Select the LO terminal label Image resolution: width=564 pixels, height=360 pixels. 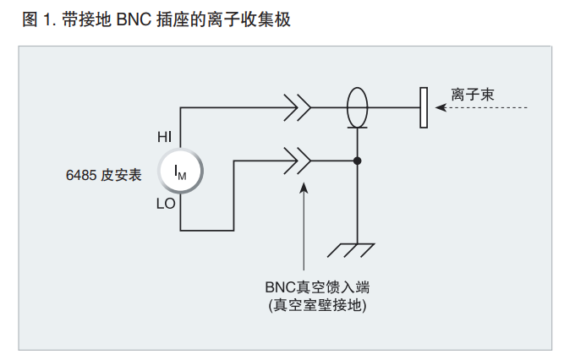point(167,204)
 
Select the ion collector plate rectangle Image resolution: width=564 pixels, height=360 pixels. point(423,108)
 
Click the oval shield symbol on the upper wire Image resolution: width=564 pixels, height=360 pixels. point(359,107)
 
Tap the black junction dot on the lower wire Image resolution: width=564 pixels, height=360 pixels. point(359,160)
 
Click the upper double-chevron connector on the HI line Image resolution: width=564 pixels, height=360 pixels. point(298,108)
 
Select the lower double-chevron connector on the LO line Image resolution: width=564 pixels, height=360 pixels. point(298,160)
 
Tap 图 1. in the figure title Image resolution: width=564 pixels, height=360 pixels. point(39,19)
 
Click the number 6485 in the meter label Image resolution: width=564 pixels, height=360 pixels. point(81,175)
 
